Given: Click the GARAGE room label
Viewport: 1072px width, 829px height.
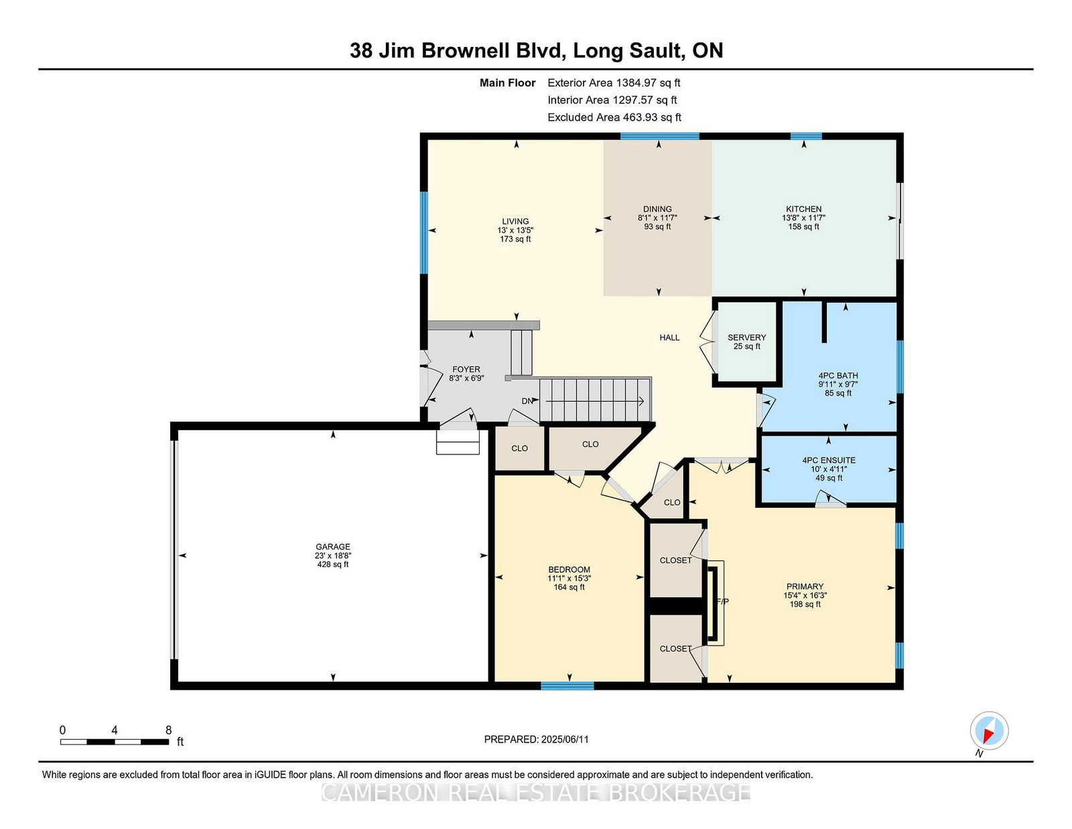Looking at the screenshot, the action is pyautogui.click(x=333, y=547).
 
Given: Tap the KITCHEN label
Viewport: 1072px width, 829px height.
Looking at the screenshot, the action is pyautogui.click(x=803, y=209).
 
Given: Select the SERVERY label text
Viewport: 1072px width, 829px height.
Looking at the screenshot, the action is pyautogui.click(x=747, y=338).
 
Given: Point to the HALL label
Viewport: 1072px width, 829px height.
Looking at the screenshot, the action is pyautogui.click(x=669, y=338).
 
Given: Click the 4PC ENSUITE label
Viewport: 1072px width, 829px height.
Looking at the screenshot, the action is pyautogui.click(x=829, y=460).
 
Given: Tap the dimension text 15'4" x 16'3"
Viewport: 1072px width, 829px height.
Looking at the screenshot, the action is pyautogui.click(x=805, y=596).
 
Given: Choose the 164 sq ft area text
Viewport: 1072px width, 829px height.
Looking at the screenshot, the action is pyautogui.click(x=569, y=587).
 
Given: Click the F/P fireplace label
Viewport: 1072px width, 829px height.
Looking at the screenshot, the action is pyautogui.click(x=722, y=602).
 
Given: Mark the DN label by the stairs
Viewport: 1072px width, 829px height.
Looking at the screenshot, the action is pyautogui.click(x=527, y=401).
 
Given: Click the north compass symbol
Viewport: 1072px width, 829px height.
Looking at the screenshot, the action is pyautogui.click(x=989, y=730).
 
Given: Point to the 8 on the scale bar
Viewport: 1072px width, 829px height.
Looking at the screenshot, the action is pyautogui.click(x=169, y=730).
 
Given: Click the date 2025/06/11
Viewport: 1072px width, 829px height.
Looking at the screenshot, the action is pyautogui.click(x=565, y=739).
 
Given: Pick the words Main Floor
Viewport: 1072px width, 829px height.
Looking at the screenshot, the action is pyautogui.click(x=508, y=83).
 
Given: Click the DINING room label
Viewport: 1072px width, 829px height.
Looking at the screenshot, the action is pyautogui.click(x=658, y=209).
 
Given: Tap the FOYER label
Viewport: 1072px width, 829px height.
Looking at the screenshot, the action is pyautogui.click(x=466, y=369).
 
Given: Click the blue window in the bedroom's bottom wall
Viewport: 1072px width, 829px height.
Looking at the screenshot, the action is pyautogui.click(x=567, y=686).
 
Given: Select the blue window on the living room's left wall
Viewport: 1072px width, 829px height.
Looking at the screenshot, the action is pyautogui.click(x=423, y=233).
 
